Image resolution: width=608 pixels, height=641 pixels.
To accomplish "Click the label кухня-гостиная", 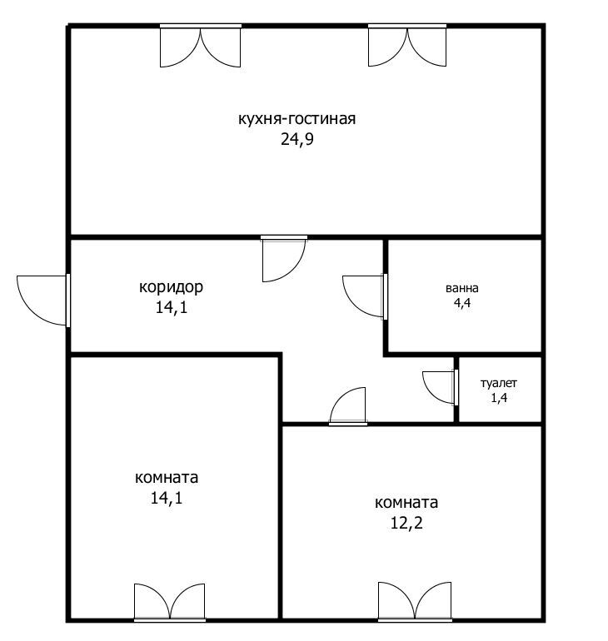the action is pyautogui.click(x=297, y=119).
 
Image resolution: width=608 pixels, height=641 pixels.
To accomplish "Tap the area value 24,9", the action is pyautogui.click(x=297, y=140).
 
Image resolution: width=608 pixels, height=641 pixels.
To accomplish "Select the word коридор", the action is pyautogui.click(x=171, y=287).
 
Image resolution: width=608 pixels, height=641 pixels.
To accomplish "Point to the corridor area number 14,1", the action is pyautogui.click(x=172, y=307).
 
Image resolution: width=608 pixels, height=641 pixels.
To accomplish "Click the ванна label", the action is pyautogui.click(x=462, y=288).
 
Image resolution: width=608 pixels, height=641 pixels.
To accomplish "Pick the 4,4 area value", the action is pyautogui.click(x=462, y=303).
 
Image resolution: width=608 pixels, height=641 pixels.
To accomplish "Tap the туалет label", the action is pyautogui.click(x=498, y=383).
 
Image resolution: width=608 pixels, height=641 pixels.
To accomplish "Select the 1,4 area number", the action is pyautogui.click(x=499, y=397).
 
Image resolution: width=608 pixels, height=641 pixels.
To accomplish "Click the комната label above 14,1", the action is pyautogui.click(x=167, y=478).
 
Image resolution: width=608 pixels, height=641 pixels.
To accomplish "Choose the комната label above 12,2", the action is pyautogui.click(x=406, y=503).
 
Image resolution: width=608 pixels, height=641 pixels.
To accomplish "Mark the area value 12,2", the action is pyautogui.click(x=406, y=523).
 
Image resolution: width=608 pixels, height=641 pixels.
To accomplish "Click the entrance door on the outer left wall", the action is pyautogui.click(x=43, y=301).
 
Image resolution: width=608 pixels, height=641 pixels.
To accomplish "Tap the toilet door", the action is pyautogui.click(x=441, y=387).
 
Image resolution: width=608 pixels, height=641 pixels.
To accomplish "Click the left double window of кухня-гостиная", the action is pyautogui.click(x=201, y=46).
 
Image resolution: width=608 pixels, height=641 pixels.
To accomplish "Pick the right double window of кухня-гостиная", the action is pyautogui.click(x=407, y=45).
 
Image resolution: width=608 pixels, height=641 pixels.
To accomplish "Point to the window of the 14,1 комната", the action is pyautogui.click(x=170, y=603).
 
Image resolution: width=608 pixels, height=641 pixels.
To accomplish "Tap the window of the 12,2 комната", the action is pyautogui.click(x=415, y=602).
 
